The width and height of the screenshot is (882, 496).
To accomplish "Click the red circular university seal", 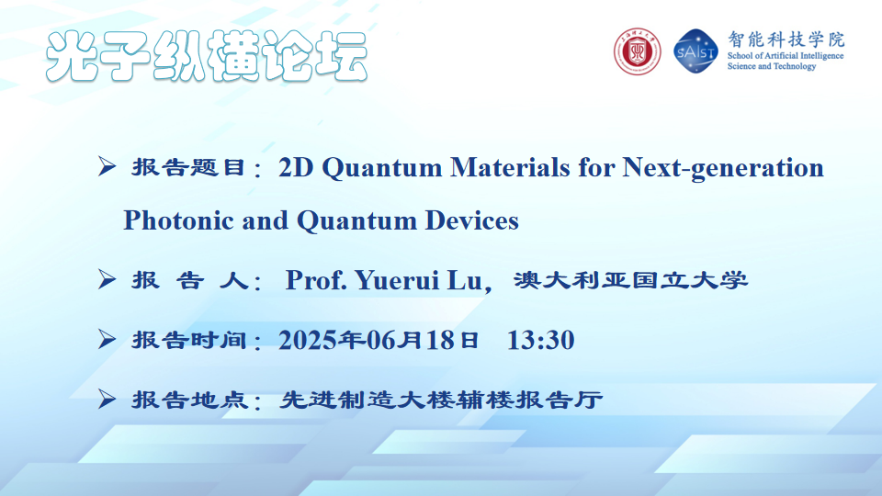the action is [x=637, y=51].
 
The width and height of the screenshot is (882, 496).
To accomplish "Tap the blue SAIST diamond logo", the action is [x=695, y=51].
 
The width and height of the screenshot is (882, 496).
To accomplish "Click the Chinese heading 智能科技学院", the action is [x=786, y=39].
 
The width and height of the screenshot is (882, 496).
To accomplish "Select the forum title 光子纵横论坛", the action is [x=207, y=56].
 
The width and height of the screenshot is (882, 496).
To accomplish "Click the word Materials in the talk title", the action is [x=510, y=167].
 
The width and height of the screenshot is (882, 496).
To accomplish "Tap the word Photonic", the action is [x=178, y=220].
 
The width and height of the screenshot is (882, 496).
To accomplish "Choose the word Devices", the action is [x=471, y=220].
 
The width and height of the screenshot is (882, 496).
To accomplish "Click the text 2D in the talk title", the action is [x=296, y=167].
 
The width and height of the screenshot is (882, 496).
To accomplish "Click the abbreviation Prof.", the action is [x=316, y=280].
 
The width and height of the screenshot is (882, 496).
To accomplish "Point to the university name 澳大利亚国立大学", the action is [x=630, y=280].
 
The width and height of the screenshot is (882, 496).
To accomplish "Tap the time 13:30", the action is [x=540, y=340].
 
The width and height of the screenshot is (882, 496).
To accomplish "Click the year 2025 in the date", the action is [x=305, y=340].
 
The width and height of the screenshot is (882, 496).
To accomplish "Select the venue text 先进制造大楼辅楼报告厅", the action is [x=441, y=400].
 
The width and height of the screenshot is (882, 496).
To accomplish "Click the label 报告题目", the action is [x=188, y=167].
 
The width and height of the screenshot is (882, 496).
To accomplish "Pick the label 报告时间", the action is [x=188, y=340].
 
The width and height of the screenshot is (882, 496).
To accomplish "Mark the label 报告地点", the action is [x=188, y=400].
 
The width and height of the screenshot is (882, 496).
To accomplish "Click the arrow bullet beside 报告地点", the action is [x=107, y=400].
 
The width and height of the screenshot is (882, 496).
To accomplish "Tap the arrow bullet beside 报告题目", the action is [x=107, y=166].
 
